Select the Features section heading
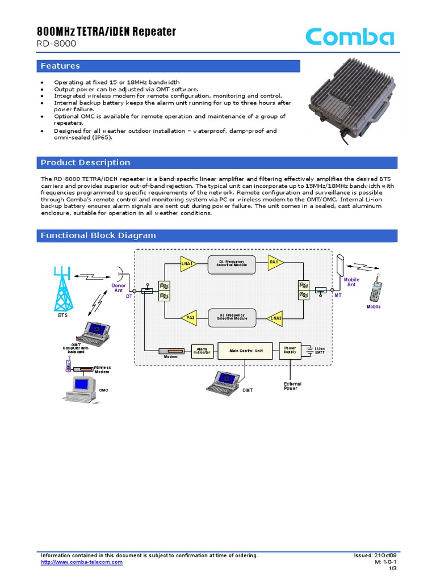click(60, 66)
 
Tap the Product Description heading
click(85, 162)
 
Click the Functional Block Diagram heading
click(98, 235)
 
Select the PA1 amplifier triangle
click(275, 262)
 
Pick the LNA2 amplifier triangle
click(275, 318)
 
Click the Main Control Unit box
click(246, 351)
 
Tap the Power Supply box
click(290, 351)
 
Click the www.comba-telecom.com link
click(82, 562)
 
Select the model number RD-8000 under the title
click(56, 44)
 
